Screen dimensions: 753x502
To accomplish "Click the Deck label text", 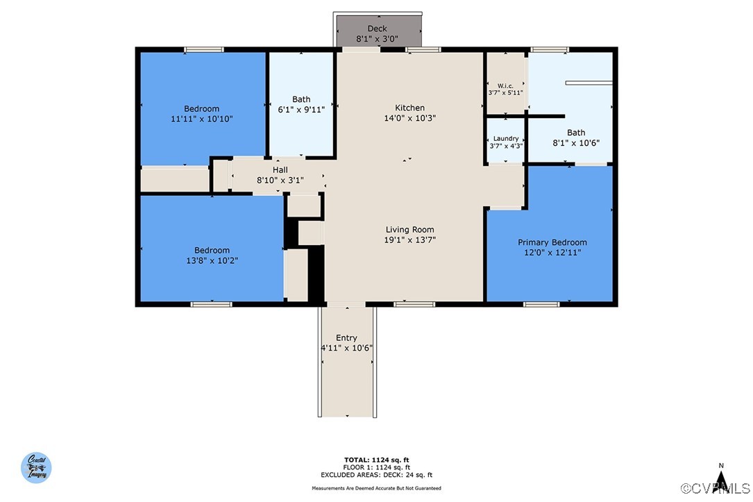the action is tap(377, 29).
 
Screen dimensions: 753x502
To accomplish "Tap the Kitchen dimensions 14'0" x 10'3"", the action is tap(409, 118).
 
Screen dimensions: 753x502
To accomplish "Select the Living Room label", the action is tap(409, 230).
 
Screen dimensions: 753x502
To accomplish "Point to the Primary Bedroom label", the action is tap(552, 242).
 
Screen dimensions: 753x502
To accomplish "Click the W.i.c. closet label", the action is tap(505, 86).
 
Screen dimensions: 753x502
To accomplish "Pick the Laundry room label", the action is tap(506, 138).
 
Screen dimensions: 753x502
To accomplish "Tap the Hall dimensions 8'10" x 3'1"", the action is tap(280, 181).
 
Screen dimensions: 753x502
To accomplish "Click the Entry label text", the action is tap(346, 337).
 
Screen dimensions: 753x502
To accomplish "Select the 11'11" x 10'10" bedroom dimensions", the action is tap(202, 119).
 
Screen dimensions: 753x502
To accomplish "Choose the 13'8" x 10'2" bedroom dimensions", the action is tap(212, 260).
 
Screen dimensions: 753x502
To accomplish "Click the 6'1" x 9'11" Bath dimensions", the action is tap(301, 110).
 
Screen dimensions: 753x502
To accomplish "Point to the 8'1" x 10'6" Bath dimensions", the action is tap(576, 142).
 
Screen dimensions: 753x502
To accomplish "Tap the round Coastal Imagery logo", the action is tap(36, 467).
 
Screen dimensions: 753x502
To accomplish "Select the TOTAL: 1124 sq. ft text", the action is tap(376, 460).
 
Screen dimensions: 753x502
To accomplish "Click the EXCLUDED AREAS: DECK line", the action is tap(376, 475).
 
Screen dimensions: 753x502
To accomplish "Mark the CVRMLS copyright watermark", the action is tap(716, 489).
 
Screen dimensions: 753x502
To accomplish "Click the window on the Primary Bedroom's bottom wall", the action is tap(541, 304).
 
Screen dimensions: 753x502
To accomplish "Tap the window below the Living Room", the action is tap(414, 304).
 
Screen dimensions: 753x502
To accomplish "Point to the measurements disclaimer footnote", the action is tap(376, 488).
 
